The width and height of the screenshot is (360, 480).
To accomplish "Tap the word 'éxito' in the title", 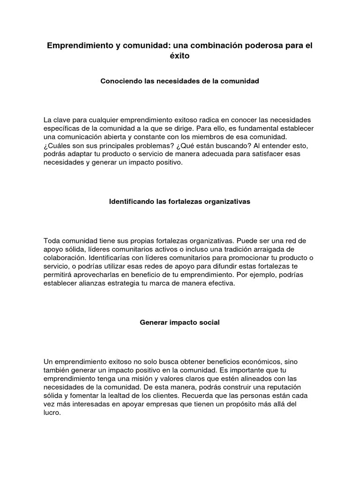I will coord(180,56).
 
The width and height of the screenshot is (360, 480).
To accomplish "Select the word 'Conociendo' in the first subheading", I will coord(120,81).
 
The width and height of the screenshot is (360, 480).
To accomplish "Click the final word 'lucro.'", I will coord(52,412).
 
